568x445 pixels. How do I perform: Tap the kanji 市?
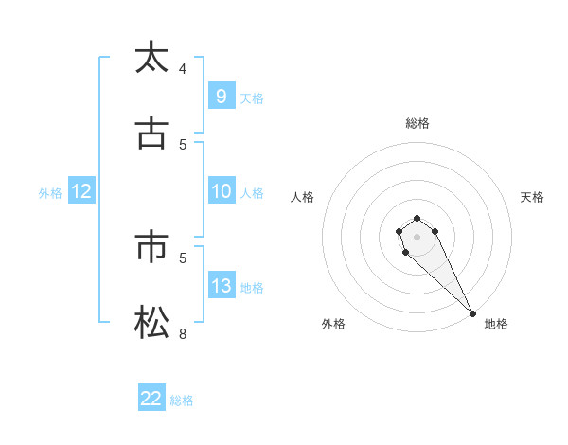pyautogui.click(x=151, y=248)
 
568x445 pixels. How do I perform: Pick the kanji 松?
pyautogui.click(x=151, y=324)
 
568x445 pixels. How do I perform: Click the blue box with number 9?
pyautogui.click(x=221, y=96)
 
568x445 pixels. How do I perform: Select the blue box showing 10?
pyautogui.click(x=221, y=191)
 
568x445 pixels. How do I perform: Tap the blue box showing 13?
pyautogui.click(x=221, y=286)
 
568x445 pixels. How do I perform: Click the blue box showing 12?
pyautogui.click(x=81, y=191)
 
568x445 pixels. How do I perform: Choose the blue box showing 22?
pyautogui.click(x=151, y=399)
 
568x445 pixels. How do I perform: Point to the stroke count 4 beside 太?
pyautogui.click(x=183, y=68)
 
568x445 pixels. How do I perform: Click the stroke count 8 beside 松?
pyautogui.click(x=183, y=333)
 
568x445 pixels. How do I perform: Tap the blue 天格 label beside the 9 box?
pyautogui.click(x=252, y=98)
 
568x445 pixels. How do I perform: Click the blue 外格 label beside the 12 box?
pyautogui.click(x=50, y=192)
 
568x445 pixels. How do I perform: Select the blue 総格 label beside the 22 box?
pyautogui.click(x=182, y=400)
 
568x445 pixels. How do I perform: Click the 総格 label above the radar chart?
pyautogui.click(x=417, y=123)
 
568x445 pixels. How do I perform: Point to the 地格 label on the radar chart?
pyautogui.click(x=496, y=324)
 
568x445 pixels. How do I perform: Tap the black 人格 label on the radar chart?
pyautogui.click(x=303, y=197)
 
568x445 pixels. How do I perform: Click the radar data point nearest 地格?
pyautogui.click(x=472, y=313)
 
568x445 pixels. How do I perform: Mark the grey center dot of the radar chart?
pyautogui.click(x=417, y=237)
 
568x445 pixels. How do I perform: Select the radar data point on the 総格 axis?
pyautogui.click(x=417, y=217)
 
